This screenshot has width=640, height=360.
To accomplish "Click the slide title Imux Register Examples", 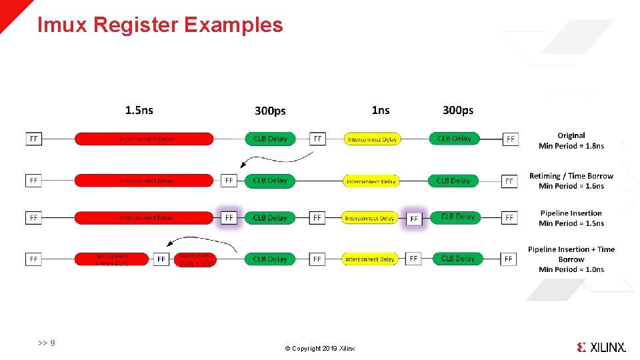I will [160, 25].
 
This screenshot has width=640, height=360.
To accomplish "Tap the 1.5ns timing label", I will [139, 110].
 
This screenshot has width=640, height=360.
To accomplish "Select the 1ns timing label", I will [380, 110].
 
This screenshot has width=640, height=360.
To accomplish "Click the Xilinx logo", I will [601, 347].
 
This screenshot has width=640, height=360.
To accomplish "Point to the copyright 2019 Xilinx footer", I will [320, 349].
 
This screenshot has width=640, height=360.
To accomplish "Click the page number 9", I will [47, 343].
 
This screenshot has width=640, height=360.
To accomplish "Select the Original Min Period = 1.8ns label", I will [571, 141].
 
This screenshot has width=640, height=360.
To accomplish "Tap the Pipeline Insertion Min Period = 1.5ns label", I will [571, 218].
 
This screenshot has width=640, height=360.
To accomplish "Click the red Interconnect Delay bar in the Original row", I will [144, 139].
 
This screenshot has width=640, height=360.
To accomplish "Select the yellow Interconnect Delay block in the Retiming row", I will [372, 181].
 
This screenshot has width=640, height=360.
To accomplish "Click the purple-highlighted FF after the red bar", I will [229, 218].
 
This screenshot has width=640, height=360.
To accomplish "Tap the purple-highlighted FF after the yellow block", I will [414, 218].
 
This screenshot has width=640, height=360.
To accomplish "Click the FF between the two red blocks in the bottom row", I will [161, 259].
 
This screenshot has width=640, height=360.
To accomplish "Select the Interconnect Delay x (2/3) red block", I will [112, 259].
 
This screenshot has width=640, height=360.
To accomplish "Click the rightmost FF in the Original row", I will [510, 139].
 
